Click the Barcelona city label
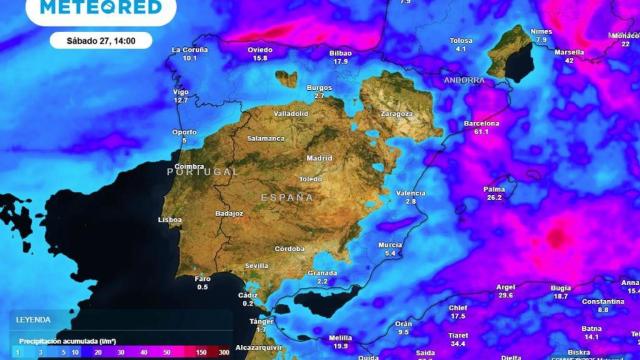tap(481, 123)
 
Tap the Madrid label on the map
tap(319, 158)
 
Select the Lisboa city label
tap(170, 219)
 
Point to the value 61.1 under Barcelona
tap(481, 132)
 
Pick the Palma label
tap(494, 188)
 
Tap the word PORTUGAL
tap(202, 172)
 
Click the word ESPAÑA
tap(287, 198)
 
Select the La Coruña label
tap(190, 49)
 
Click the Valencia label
tap(410, 192)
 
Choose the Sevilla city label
tap(257, 265)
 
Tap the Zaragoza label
tap(396, 114)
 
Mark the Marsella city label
tap(570, 51)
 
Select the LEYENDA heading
tap(33, 320)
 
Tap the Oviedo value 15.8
tap(260, 58)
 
